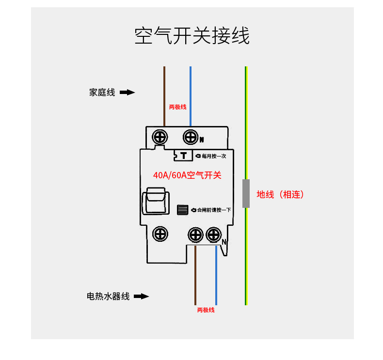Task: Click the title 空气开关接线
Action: (192, 36)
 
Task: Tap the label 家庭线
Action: (102, 93)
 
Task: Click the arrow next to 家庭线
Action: (127, 93)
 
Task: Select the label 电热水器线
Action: (108, 297)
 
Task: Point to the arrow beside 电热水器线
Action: (142, 297)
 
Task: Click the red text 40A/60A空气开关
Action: (187, 175)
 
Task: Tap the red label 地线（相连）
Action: (280, 194)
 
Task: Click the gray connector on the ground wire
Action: (246, 193)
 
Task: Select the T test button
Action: (183, 156)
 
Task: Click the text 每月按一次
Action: (214, 156)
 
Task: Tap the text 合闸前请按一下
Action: (214, 210)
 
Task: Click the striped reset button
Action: (182, 210)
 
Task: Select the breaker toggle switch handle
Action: (156, 201)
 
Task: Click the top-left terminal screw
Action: (160, 137)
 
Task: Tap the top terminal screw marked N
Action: (191, 137)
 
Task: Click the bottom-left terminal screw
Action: (160, 234)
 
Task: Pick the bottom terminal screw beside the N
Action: (214, 235)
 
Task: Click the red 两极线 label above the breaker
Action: (177, 107)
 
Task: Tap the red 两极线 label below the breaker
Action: (206, 310)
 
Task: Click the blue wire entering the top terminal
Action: (191, 96)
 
